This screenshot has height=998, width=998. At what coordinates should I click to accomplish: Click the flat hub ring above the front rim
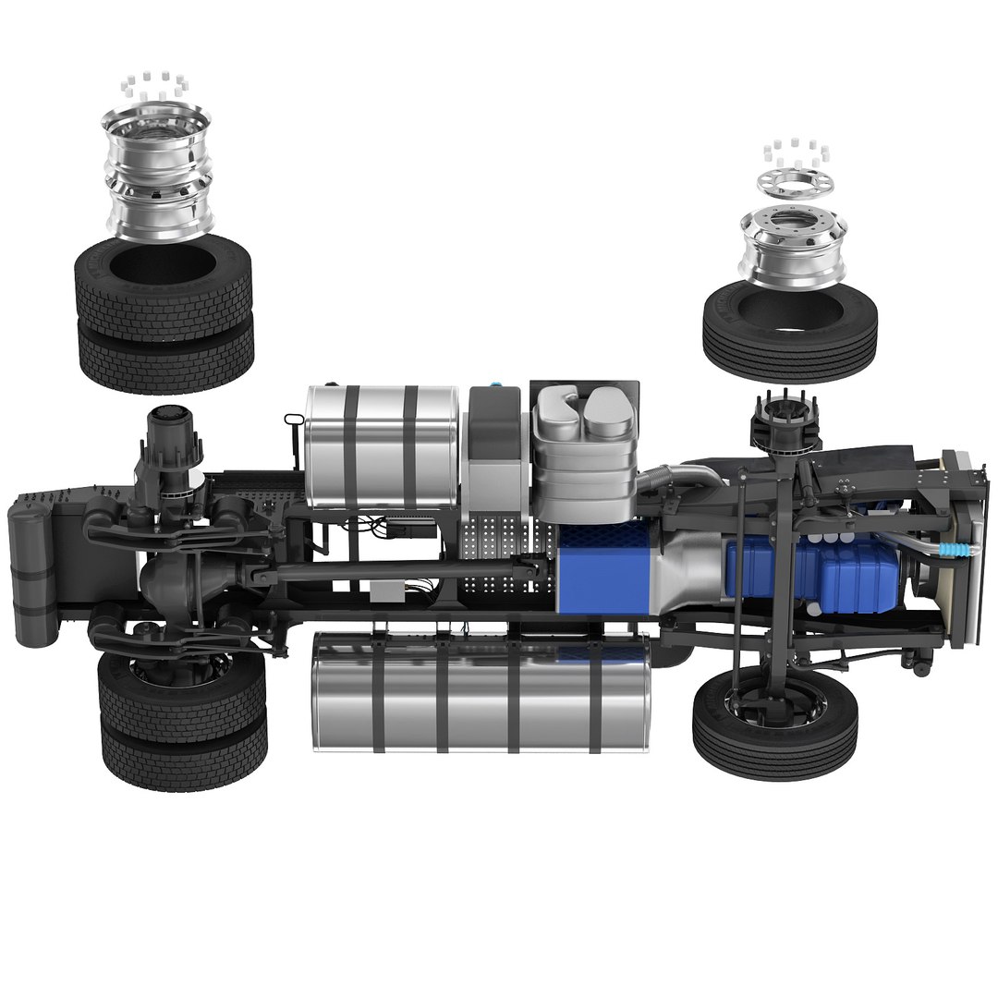pos(791,185)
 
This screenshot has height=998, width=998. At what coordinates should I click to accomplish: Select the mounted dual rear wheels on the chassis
pos(182,721)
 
